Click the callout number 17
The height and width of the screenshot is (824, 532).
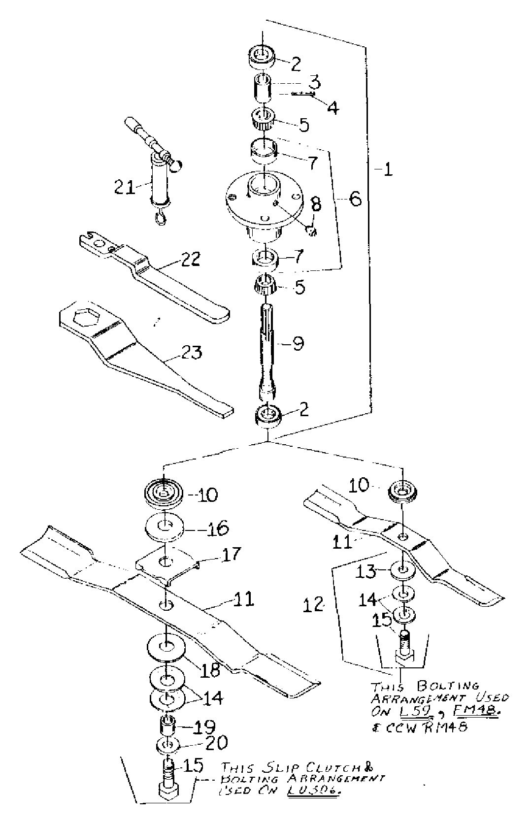pos(230,554)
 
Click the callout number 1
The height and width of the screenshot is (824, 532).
pos(388,170)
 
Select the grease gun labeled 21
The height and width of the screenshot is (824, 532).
pos(160,180)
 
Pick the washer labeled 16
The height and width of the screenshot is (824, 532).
pos(165,529)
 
